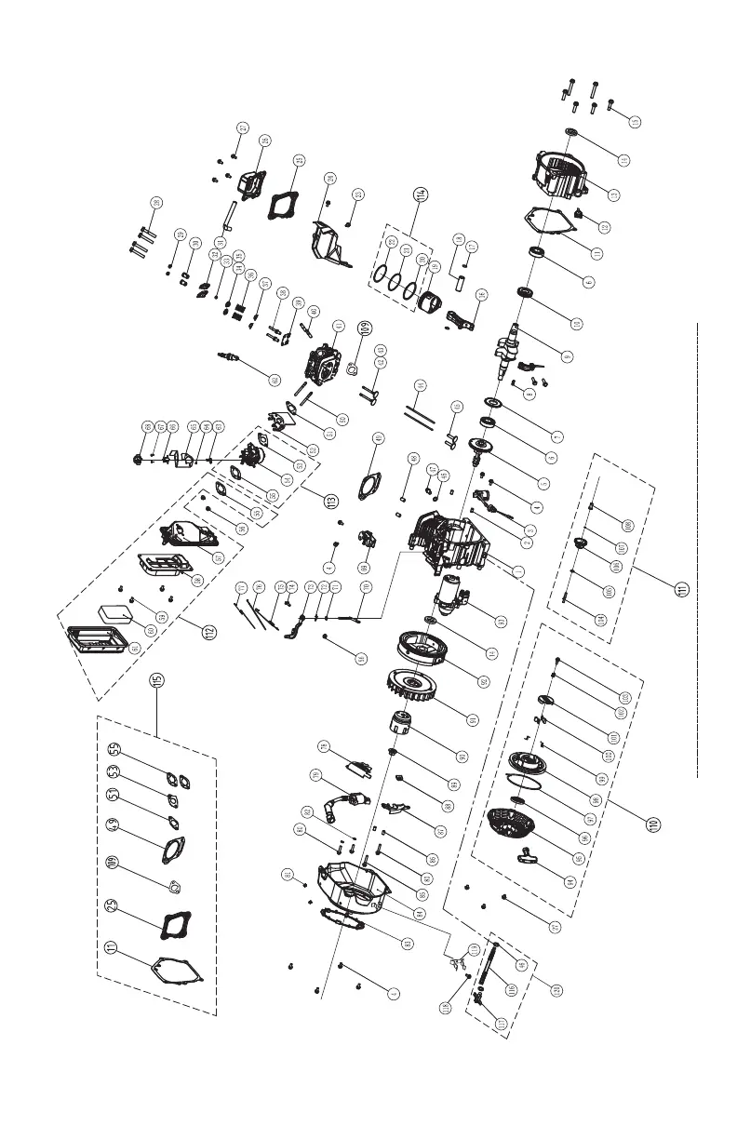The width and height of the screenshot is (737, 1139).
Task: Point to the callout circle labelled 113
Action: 329,501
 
